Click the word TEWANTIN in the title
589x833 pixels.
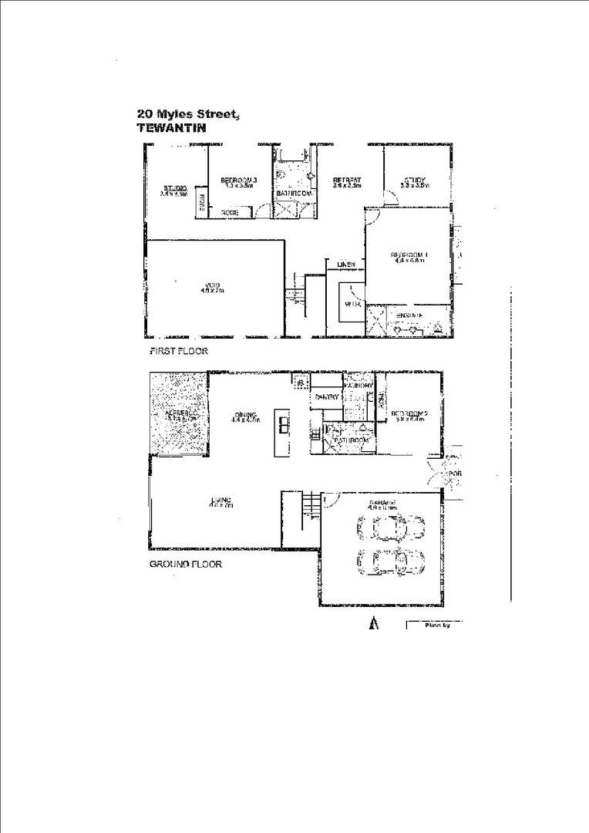point(171,129)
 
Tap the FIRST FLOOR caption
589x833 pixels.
point(178,351)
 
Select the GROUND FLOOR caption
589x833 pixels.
point(185,564)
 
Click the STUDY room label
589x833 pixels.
point(415,181)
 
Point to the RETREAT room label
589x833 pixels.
point(347,180)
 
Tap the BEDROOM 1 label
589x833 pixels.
point(408,255)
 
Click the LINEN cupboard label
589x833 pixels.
point(345,265)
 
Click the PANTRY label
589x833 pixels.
point(323,396)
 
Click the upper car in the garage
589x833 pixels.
point(390,528)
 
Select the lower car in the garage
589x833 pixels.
point(390,562)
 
